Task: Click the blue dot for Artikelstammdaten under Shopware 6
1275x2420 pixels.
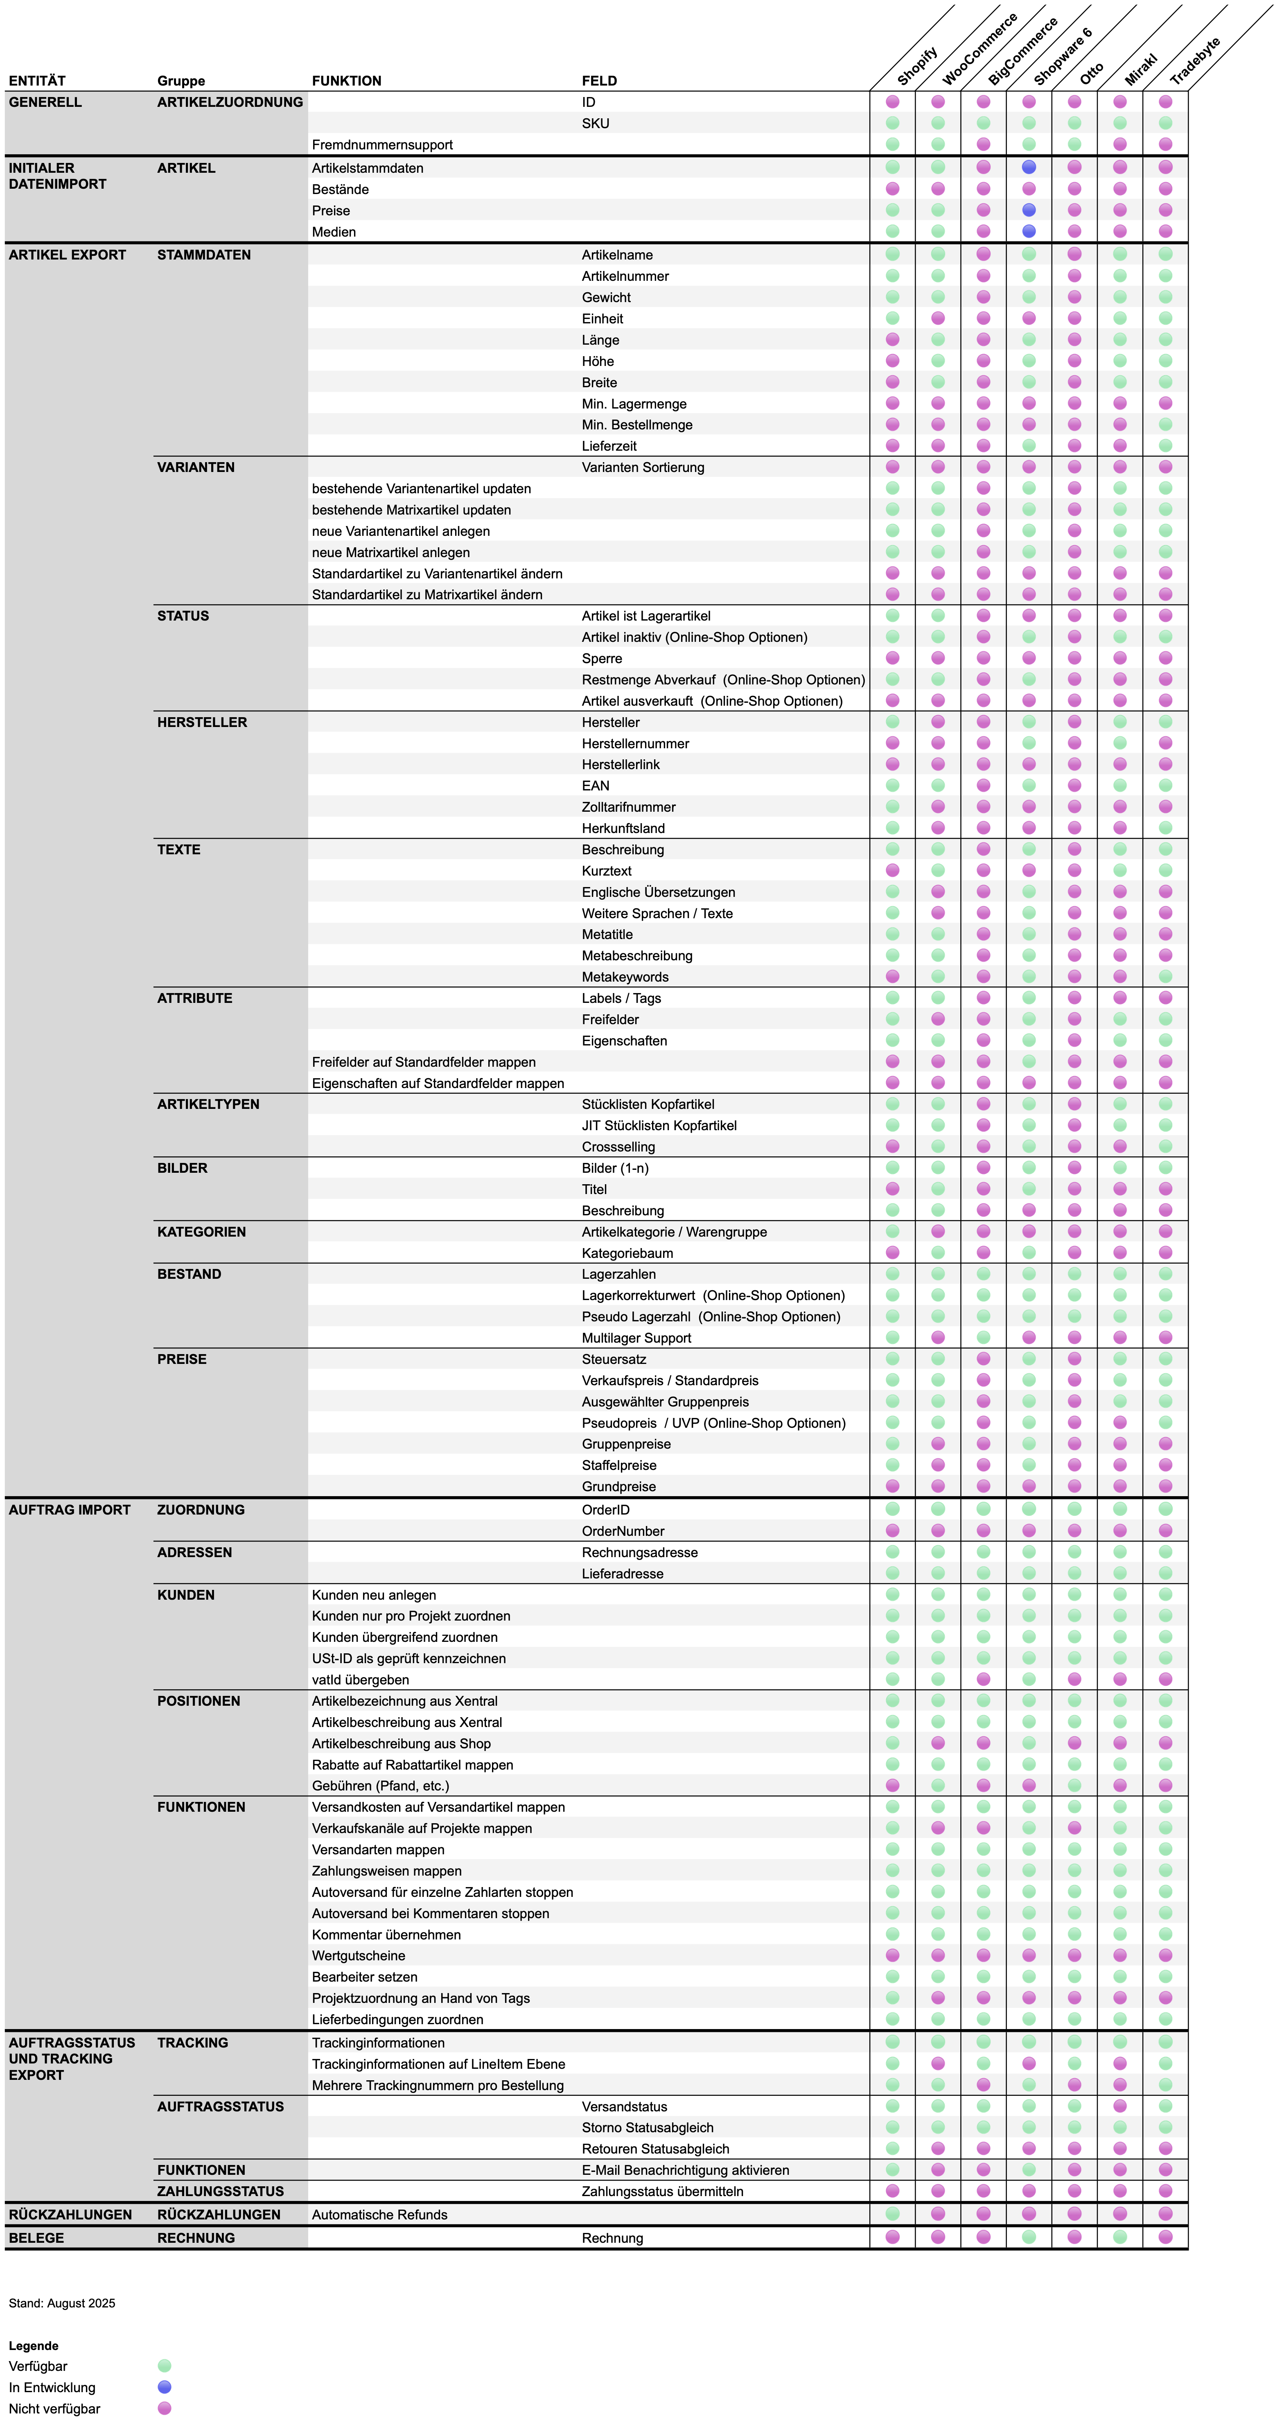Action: (x=1029, y=167)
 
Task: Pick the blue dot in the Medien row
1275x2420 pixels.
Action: (x=1029, y=231)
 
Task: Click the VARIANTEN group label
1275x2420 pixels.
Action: (x=195, y=467)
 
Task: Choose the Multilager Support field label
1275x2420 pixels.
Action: (x=636, y=1338)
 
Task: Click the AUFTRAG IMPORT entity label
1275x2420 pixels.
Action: (x=70, y=1510)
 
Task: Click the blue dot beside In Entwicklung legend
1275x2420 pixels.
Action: (x=165, y=2387)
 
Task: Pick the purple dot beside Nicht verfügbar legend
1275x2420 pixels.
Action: (x=165, y=2408)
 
